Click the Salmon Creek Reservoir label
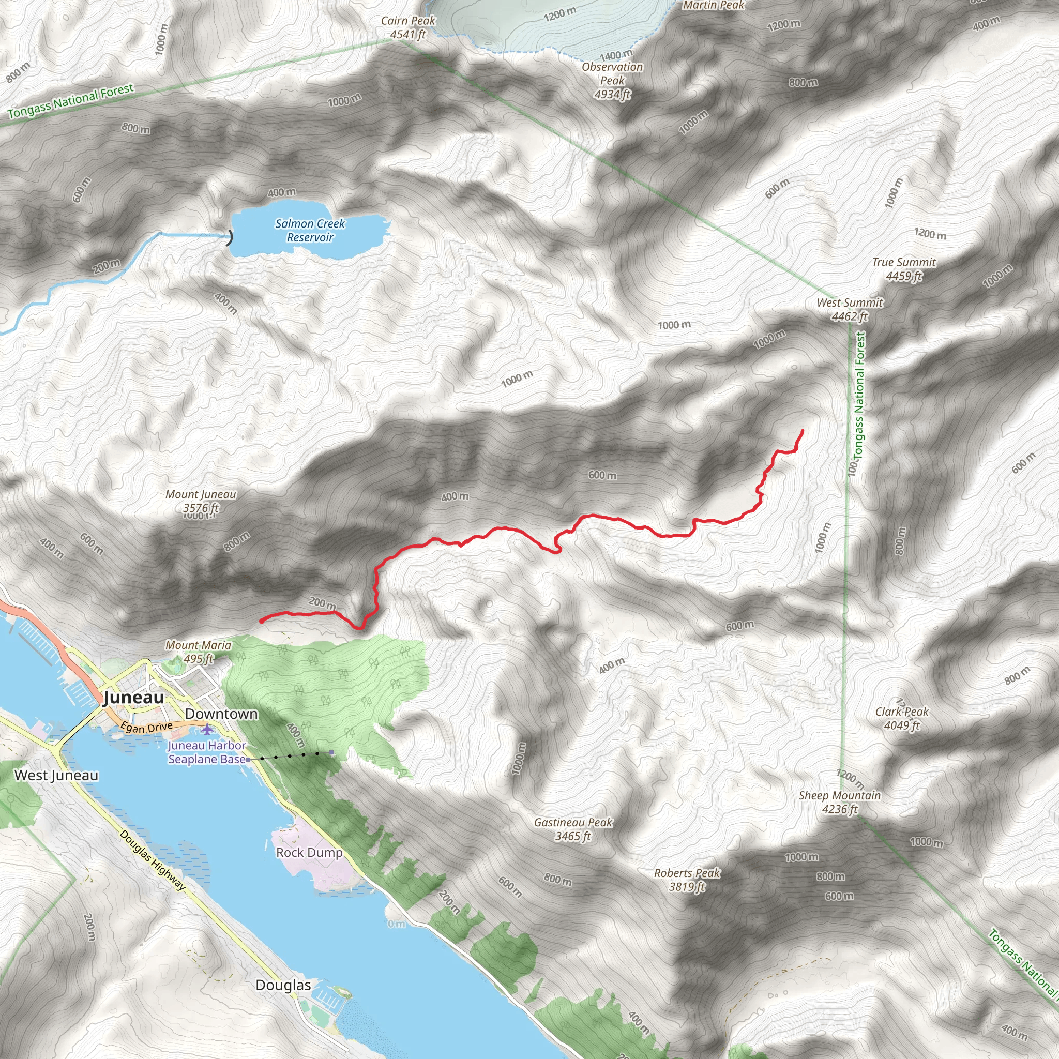(310, 230)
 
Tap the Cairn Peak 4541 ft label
(408, 27)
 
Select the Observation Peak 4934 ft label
(612, 81)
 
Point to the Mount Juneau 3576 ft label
(201, 501)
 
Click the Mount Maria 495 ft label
(198, 652)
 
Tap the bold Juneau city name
(134, 697)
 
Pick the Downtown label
(221, 714)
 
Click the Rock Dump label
(309, 852)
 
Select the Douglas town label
(283, 985)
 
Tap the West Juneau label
(56, 775)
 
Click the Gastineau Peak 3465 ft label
(573, 829)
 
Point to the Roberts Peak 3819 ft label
(687, 880)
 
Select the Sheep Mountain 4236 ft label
(840, 802)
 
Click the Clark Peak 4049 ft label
(902, 718)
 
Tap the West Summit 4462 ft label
(850, 309)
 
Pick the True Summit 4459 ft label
(904, 269)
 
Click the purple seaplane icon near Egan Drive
(207, 730)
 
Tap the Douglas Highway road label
(153, 860)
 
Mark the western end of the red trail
(261, 621)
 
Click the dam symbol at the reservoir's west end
(230, 237)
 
